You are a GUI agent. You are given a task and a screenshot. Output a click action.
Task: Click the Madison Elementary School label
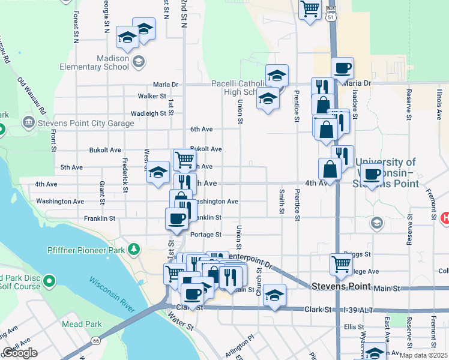click(113, 62)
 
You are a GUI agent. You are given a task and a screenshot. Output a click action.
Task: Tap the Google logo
click(20, 353)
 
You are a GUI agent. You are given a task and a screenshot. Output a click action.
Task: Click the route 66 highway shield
click(95, 341)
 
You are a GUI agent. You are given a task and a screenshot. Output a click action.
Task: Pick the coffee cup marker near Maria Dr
click(342, 68)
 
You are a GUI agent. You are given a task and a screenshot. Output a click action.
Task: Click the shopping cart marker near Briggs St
click(341, 263)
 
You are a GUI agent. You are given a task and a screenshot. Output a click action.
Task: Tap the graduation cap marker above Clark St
click(274, 295)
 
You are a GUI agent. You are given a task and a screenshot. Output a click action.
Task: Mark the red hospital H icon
click(445, 218)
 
